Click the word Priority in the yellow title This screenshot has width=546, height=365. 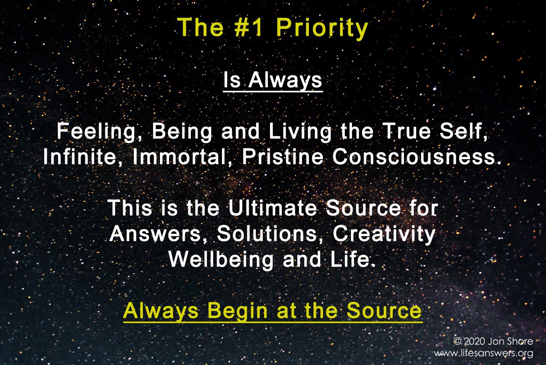(322, 29)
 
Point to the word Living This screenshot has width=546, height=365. (300, 132)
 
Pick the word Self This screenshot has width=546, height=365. (464, 131)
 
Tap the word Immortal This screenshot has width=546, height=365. (182, 157)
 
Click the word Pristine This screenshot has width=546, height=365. (283, 156)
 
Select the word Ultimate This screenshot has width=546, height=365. (272, 208)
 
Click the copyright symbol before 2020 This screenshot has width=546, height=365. (457, 341)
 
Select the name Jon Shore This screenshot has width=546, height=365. (511, 341)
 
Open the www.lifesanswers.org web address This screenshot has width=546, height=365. (484, 354)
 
